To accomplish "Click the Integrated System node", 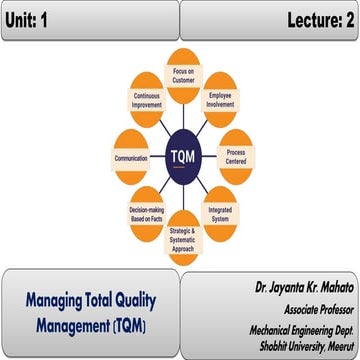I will tap(220, 212).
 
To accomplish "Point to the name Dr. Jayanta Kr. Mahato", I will tap(299, 287).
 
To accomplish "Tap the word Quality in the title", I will tap(146, 299).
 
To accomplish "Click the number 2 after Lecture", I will tap(349, 19).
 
